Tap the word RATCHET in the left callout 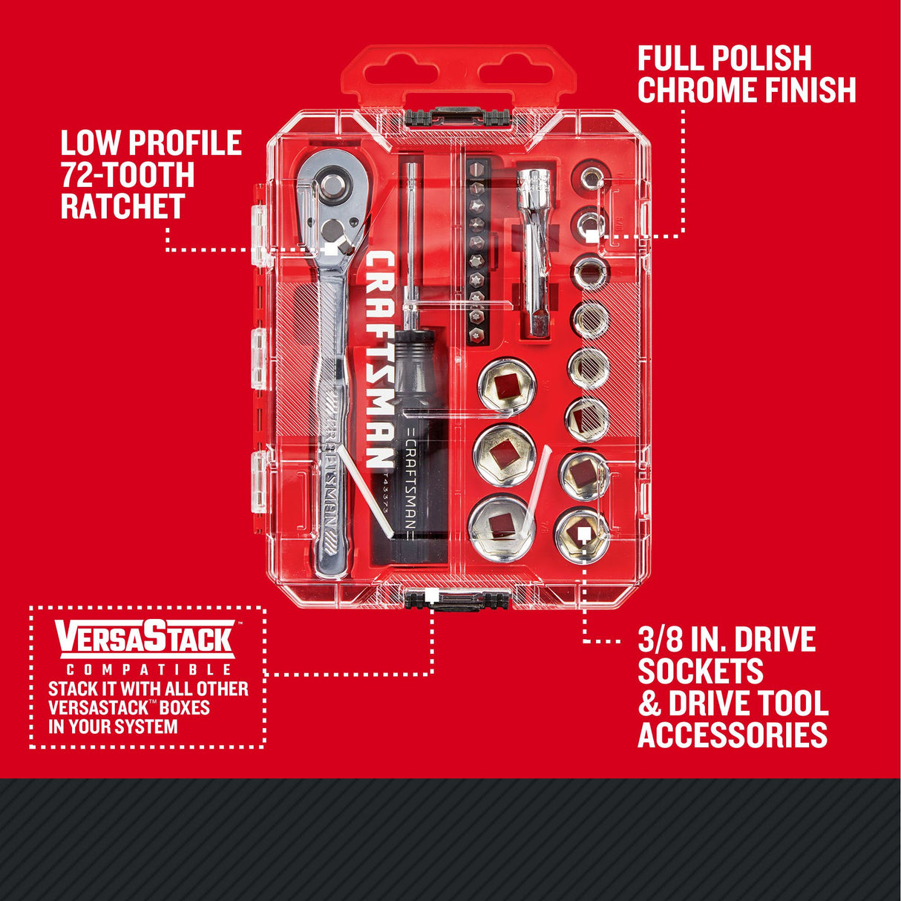pos(122,206)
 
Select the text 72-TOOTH pos(128,174)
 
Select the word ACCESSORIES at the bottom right pos(733,735)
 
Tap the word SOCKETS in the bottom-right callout pos(700,671)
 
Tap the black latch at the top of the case pos(457,116)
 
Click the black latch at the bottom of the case pos(456,598)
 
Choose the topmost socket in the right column pos(591,177)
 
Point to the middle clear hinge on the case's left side pos(258,359)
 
